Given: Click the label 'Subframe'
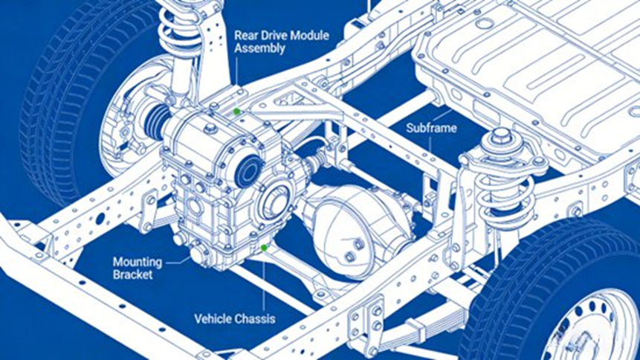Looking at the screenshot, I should tap(431, 128).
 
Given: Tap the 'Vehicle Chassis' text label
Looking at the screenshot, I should tap(235, 319).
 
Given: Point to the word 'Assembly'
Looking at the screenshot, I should tap(259, 48).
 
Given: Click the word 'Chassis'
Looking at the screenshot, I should tap(255, 319).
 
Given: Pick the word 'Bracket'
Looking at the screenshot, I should tap(133, 274).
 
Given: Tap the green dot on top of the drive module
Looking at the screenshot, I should tap(236, 112).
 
